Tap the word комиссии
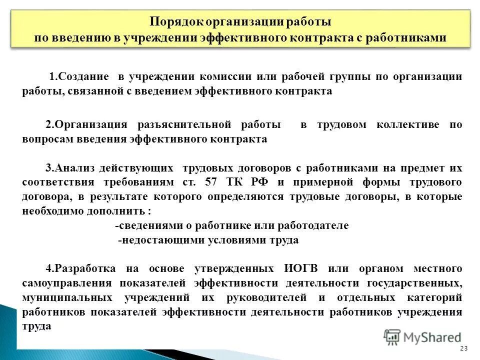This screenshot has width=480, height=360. point(225,77)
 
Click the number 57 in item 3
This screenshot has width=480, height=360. point(210,182)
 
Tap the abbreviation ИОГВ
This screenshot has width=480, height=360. point(295,268)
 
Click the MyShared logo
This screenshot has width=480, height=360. point(422,337)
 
